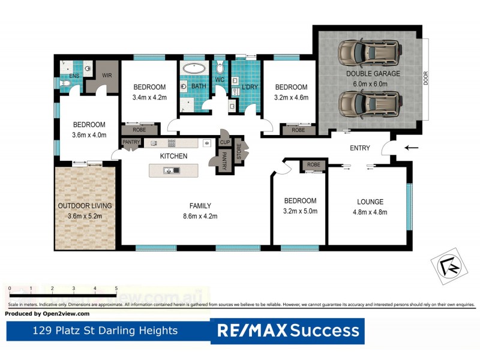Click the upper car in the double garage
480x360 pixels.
(x=368, y=53)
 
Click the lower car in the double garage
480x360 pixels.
(x=368, y=104)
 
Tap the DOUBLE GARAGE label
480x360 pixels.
(x=373, y=74)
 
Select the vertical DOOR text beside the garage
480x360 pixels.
(x=426, y=79)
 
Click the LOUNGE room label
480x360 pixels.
(x=370, y=202)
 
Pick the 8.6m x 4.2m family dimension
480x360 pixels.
(x=200, y=217)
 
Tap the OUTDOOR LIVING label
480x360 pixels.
(x=85, y=206)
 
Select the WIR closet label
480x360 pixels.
(x=107, y=76)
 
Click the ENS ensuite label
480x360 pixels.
(x=74, y=76)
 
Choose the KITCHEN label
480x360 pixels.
(x=173, y=156)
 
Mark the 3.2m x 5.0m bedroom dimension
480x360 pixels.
(x=300, y=211)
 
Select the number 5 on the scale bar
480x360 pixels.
(x=116, y=289)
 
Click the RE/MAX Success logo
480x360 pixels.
(x=287, y=331)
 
